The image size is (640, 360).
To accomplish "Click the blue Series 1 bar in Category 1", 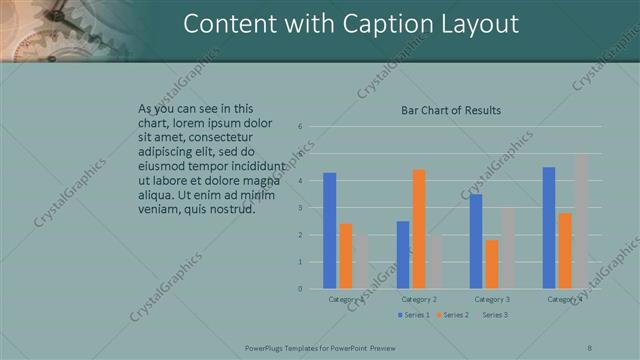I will click(330, 231).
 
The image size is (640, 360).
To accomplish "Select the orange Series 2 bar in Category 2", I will click(419, 229).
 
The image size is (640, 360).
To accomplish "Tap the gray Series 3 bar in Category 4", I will click(581, 221).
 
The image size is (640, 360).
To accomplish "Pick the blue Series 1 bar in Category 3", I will click(476, 241).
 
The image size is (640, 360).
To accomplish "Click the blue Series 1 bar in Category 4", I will click(549, 228).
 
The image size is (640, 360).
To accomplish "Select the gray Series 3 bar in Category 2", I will click(434, 262).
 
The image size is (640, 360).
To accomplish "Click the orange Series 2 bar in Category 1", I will click(346, 256).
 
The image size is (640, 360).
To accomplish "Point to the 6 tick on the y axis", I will click(300, 127).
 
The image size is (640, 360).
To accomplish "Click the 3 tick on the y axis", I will click(300, 208).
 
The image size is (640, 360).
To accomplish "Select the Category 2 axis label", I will click(419, 299).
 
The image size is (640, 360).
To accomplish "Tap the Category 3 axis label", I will click(492, 299).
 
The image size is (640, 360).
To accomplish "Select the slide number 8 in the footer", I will click(589, 346).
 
